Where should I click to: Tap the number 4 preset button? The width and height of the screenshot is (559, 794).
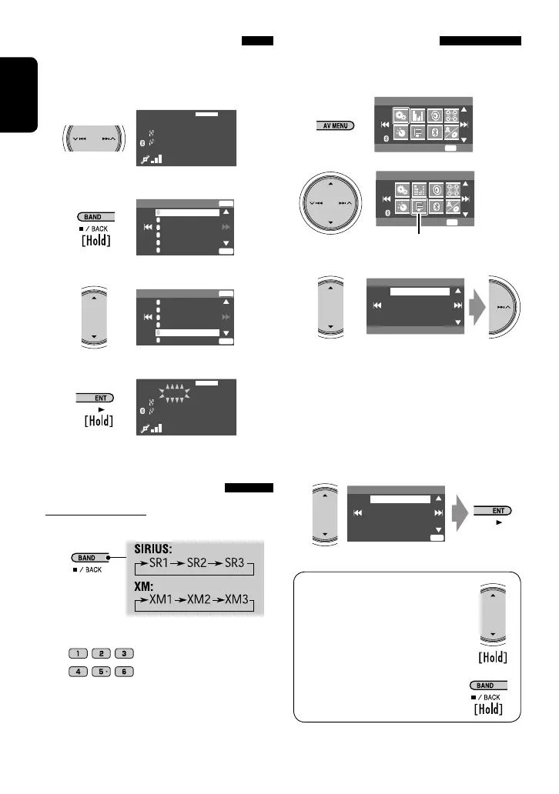click(79, 672)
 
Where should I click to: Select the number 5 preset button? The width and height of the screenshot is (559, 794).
click(102, 672)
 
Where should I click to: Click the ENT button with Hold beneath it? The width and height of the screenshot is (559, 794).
click(95, 398)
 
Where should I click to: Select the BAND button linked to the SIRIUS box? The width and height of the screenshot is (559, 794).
click(89, 557)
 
